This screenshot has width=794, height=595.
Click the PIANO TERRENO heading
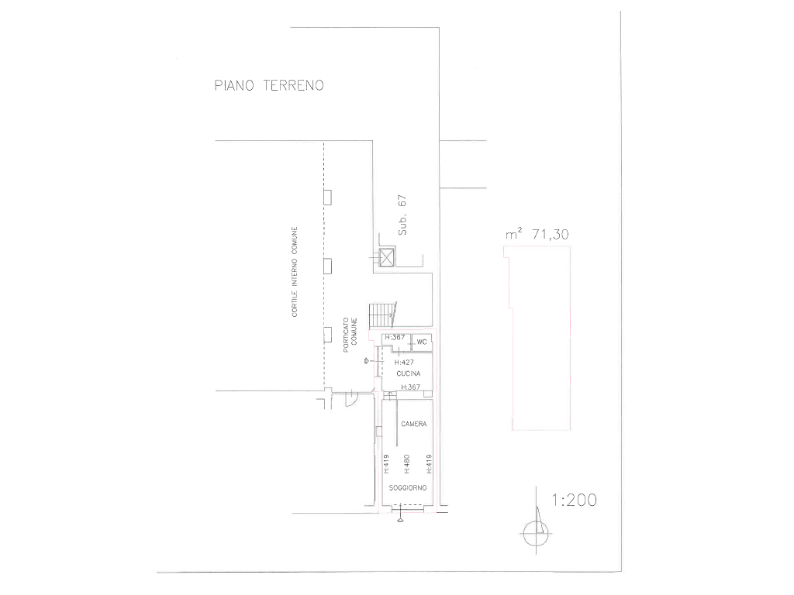point(269,85)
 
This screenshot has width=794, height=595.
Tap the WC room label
point(422,342)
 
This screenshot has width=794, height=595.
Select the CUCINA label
point(408,373)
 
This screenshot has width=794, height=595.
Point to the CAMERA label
point(414,424)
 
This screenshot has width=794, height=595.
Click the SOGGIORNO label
point(408,488)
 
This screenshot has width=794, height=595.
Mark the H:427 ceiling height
point(404,363)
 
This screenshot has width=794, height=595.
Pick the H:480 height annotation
point(406,464)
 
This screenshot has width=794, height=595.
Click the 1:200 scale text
point(575,500)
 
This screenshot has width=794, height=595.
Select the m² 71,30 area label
point(537,234)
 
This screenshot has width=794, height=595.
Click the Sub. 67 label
point(402,215)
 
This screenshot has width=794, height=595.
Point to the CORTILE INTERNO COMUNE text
point(295,272)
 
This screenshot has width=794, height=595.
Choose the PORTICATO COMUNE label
point(350,335)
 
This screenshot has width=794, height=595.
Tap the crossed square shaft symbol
point(386,258)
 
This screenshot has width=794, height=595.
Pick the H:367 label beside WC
point(395,338)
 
